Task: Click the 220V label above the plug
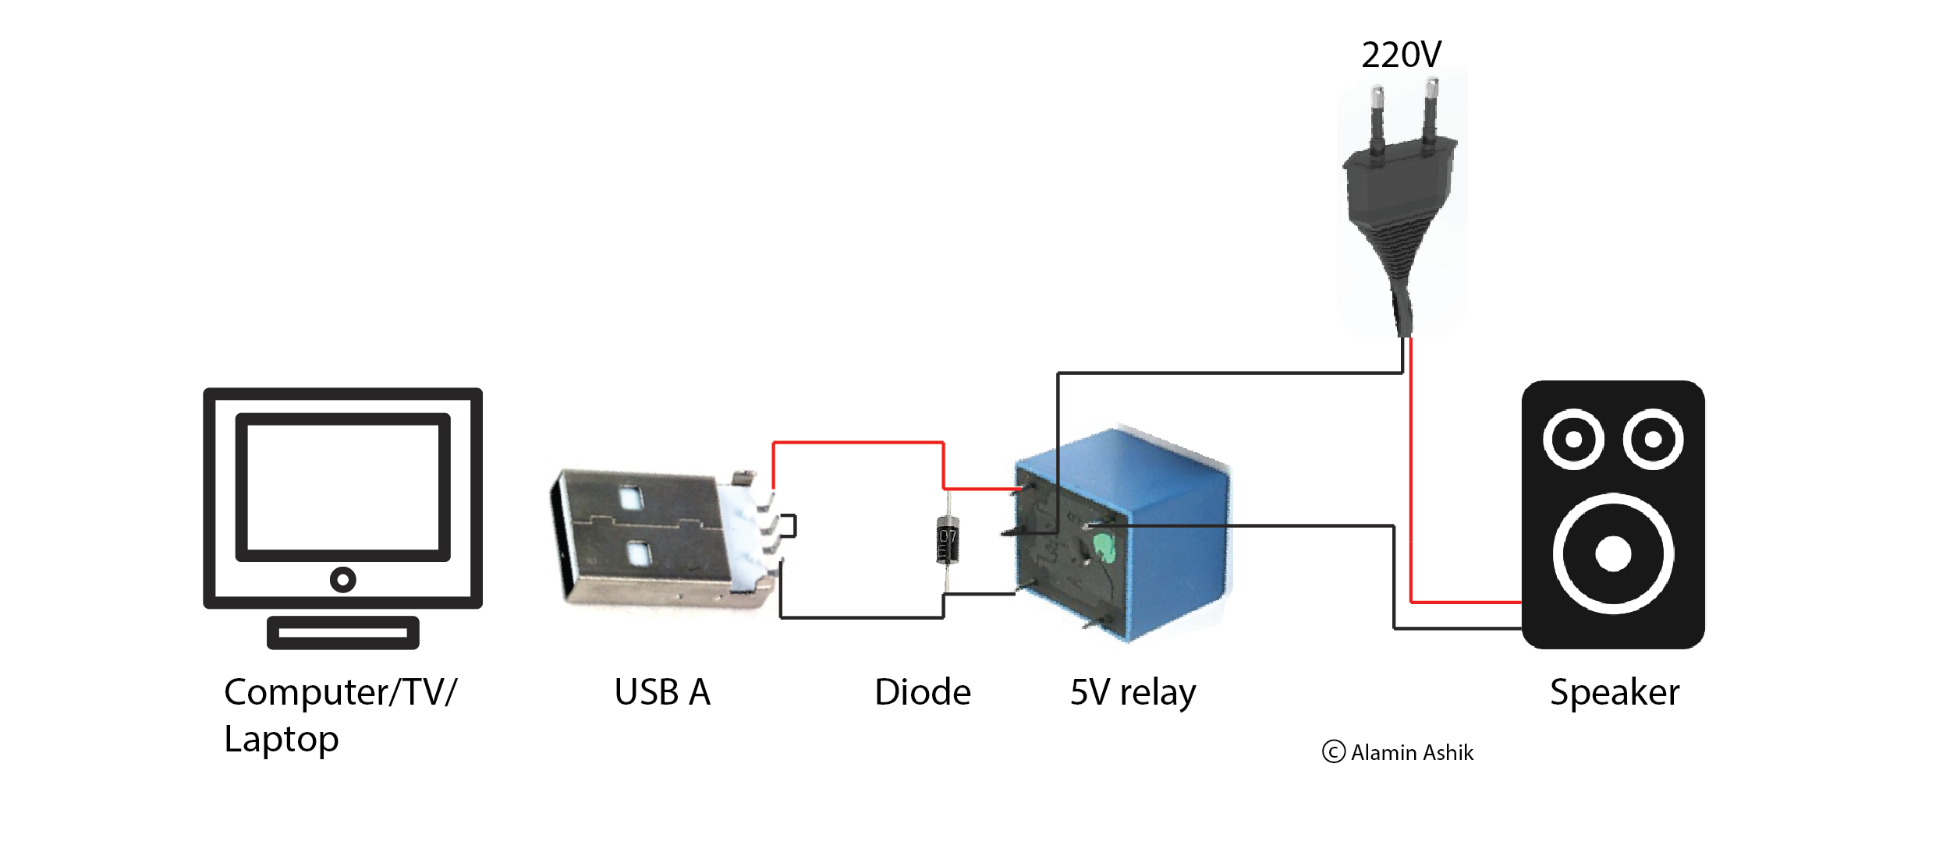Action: click(1401, 55)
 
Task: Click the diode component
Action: click(947, 539)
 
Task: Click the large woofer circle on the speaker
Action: click(1613, 553)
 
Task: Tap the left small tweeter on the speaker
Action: click(1573, 439)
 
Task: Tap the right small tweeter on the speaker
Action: click(1653, 439)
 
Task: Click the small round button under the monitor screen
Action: click(342, 579)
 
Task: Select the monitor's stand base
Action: click(342, 632)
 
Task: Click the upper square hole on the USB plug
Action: click(630, 497)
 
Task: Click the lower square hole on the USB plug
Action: click(639, 554)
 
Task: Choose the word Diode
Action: click(922, 692)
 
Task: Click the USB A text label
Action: click(662, 692)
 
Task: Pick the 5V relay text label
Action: click(1133, 692)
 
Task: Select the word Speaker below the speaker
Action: click(1614, 692)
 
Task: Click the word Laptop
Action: click(281, 739)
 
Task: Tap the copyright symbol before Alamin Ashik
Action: click(1334, 752)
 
